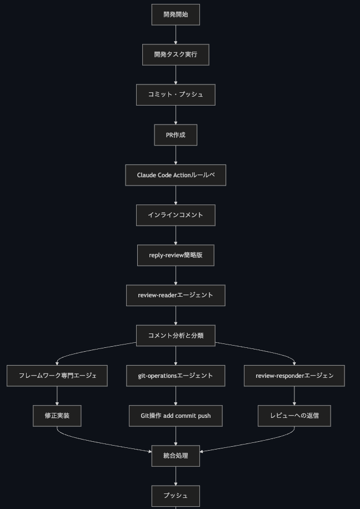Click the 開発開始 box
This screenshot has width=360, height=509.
coord(176,14)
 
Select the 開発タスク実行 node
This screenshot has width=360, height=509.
coord(176,54)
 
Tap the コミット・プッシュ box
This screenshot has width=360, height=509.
coord(176,95)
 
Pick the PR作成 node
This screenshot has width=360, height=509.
coord(176,135)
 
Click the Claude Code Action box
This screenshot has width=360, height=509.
coord(176,175)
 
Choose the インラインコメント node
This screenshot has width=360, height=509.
coord(176,215)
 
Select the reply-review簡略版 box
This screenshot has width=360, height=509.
coord(176,256)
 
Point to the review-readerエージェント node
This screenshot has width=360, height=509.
coord(176,296)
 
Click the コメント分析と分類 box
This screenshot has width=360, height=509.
coord(176,336)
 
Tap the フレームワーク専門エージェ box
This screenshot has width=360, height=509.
coord(57,376)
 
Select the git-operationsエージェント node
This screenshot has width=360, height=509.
coord(176,376)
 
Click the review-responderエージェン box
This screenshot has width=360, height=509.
coord(294,376)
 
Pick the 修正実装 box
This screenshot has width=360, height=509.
coord(57,416)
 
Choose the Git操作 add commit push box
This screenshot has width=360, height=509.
coord(176,416)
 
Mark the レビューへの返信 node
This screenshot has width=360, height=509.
coord(294,416)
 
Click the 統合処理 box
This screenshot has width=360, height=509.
coord(176,456)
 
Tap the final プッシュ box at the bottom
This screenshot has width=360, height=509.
coord(176,496)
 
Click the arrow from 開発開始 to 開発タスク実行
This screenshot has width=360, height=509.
coord(176,35)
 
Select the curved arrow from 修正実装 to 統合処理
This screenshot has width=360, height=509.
coord(97,442)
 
